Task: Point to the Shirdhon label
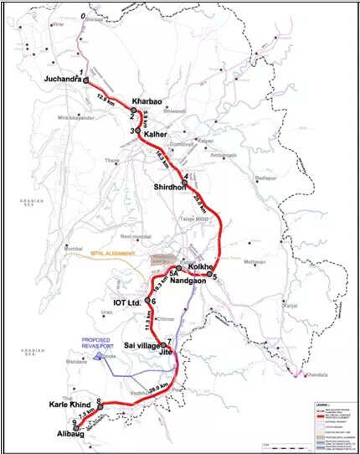click(x=173, y=186)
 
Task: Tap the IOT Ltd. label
click(x=125, y=301)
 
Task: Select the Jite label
click(x=164, y=353)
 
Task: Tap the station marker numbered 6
click(x=148, y=301)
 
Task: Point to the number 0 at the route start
click(x=82, y=16)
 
